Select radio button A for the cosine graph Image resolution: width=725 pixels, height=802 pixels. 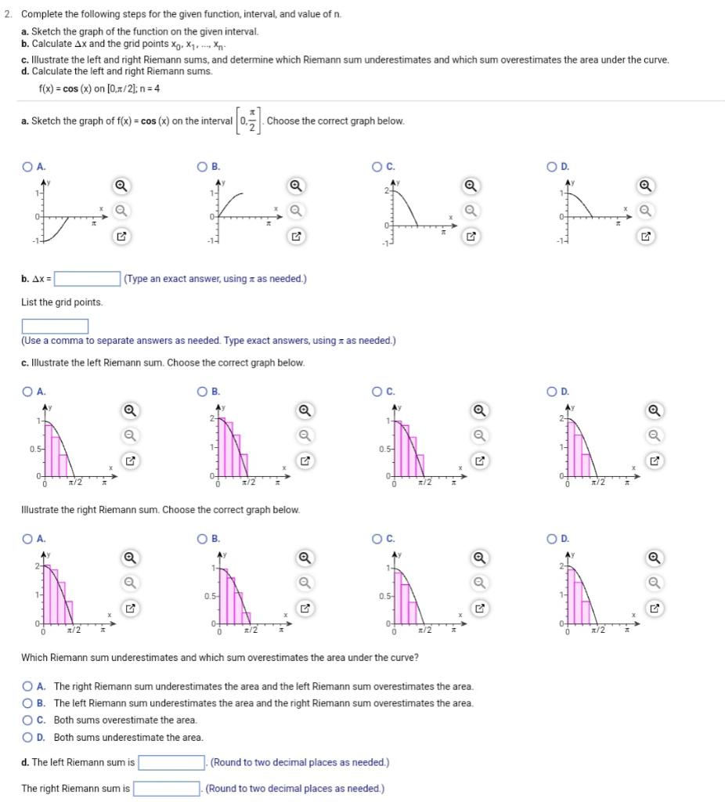click(27, 166)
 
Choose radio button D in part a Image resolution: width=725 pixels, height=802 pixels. click(554, 166)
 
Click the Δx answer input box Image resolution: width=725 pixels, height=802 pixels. click(87, 279)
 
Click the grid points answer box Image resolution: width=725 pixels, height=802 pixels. click(55, 326)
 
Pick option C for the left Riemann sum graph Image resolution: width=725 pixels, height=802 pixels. click(379, 392)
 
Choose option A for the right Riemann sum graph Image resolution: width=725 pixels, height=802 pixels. click(27, 539)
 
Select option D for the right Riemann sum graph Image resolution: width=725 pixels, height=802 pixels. click(554, 539)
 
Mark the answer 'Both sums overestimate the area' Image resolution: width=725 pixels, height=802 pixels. click(28, 720)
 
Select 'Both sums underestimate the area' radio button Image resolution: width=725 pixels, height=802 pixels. click(28, 737)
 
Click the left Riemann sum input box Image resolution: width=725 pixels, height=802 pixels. click(171, 762)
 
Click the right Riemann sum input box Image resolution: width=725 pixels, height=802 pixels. click(168, 789)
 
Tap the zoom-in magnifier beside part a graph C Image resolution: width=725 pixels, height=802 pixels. click(470, 186)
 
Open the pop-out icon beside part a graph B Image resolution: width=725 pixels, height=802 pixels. click(295, 236)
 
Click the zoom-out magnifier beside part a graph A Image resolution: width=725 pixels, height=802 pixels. click(121, 211)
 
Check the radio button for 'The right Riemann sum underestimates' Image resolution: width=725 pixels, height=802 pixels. click(28, 686)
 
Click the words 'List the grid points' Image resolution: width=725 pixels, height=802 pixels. click(62, 302)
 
